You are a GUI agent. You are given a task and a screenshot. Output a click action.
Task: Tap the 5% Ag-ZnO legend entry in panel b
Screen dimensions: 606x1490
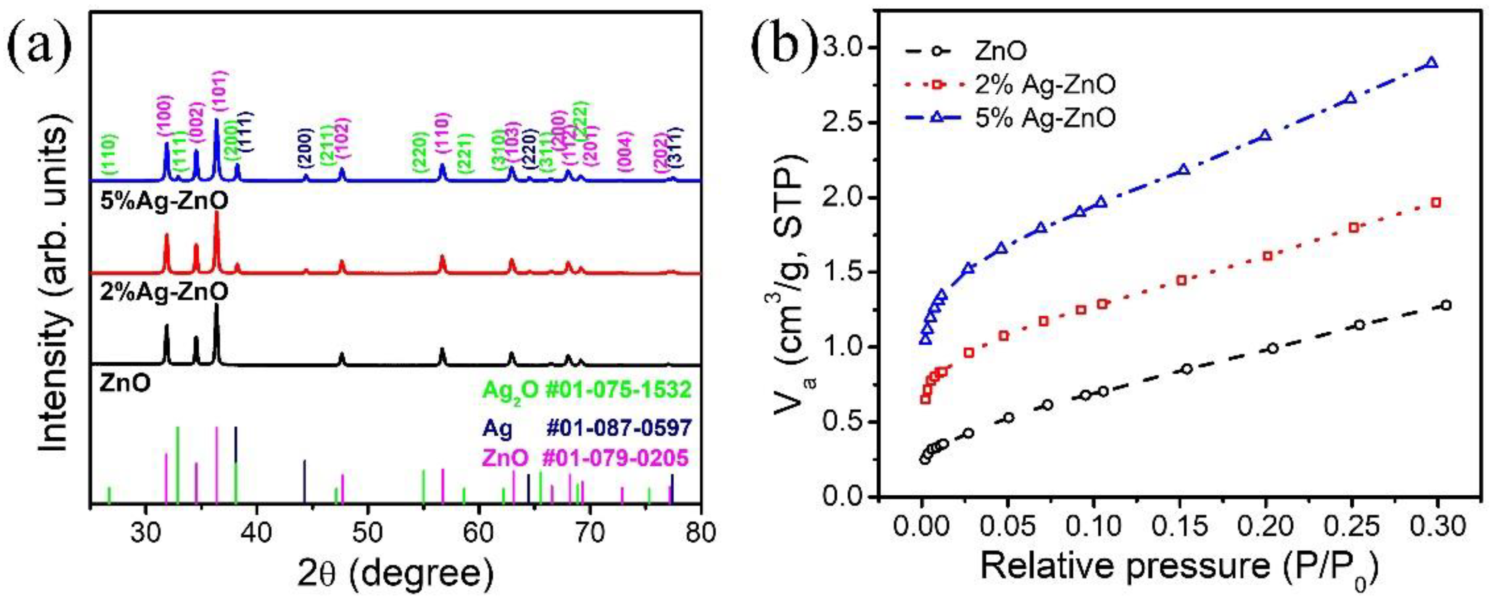[1045, 118]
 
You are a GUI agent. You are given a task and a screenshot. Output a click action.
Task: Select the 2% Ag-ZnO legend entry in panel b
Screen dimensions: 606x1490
[1045, 85]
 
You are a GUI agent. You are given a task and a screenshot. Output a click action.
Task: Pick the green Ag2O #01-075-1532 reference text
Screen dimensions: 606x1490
[587, 390]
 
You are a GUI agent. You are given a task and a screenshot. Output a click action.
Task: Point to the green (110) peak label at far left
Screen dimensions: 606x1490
[109, 154]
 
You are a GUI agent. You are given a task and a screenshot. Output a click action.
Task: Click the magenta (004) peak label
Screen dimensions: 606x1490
[626, 151]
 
